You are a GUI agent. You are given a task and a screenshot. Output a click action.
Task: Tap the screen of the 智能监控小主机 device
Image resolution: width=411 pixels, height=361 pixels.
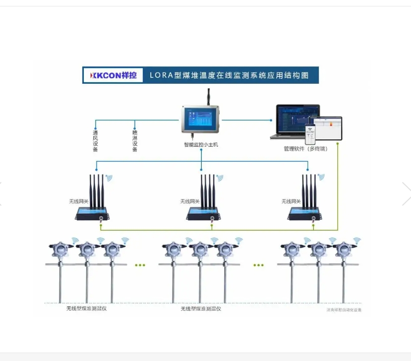pyautogui.click(x=201, y=120)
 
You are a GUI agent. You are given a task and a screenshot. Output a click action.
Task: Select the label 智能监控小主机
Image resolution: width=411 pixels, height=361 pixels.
pyautogui.click(x=201, y=145)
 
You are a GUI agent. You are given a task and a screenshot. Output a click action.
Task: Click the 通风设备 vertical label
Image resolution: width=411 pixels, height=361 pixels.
pyautogui.click(x=95, y=141)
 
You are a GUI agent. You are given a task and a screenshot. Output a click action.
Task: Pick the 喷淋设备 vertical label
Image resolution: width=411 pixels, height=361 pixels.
pyautogui.click(x=134, y=141)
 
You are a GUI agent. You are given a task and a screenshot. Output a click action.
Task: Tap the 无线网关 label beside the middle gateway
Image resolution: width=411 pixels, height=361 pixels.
pyautogui.click(x=190, y=201)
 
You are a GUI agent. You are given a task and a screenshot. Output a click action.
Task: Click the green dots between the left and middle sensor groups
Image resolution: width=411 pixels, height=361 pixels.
pyautogui.click(x=140, y=265)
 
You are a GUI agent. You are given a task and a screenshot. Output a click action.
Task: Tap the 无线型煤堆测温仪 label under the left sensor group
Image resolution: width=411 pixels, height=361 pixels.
pyautogui.click(x=87, y=308)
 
